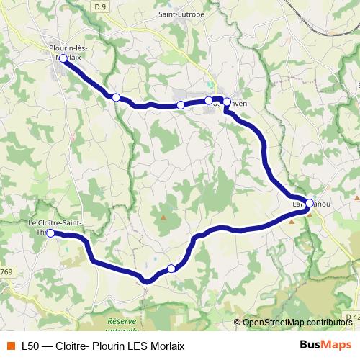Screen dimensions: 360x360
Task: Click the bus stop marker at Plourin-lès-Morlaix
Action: point(63,58)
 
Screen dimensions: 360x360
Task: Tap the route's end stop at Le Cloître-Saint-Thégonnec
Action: point(51,233)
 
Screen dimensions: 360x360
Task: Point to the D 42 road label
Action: point(351,316)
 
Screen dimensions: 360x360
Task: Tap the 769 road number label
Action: point(6,271)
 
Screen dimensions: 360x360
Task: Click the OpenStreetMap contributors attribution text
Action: point(297,323)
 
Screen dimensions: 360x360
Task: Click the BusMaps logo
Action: point(325,345)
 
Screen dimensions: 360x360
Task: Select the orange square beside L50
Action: point(9,346)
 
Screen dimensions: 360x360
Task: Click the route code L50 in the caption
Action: point(30,346)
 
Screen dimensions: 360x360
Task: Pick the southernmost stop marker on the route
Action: point(171,269)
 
